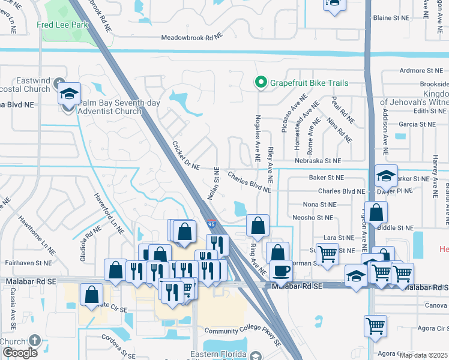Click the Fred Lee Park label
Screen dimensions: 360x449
click(x=62, y=25)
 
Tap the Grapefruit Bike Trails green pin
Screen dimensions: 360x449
click(x=261, y=83)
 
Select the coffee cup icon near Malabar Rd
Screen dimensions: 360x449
click(x=281, y=270)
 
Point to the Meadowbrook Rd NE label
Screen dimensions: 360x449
click(x=191, y=38)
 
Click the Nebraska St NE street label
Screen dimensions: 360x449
click(x=318, y=161)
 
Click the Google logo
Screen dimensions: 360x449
click(x=20, y=353)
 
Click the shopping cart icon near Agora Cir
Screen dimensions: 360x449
click(x=375, y=326)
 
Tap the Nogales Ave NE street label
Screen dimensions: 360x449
click(x=258, y=137)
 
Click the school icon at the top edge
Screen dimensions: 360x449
click(x=334, y=3)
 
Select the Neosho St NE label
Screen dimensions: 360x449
click(x=312, y=217)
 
